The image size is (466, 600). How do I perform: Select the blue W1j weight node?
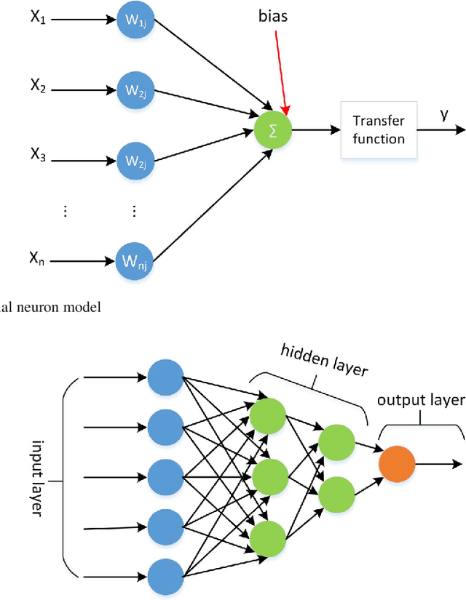[x=135, y=22]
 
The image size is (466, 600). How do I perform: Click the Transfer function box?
[x=379, y=130]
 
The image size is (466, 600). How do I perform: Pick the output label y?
[x=443, y=115]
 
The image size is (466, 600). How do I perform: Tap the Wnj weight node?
[x=135, y=260]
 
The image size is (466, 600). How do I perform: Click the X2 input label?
[x=38, y=88]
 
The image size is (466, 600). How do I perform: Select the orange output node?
[x=397, y=463]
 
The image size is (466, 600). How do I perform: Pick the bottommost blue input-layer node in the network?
[x=165, y=575]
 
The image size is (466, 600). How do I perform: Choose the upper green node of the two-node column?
[x=336, y=441]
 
